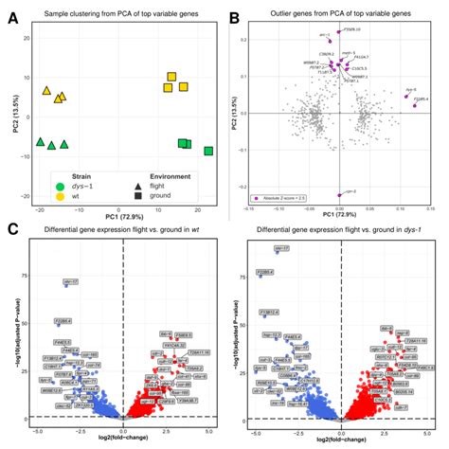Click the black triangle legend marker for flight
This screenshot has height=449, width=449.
click(x=125, y=187)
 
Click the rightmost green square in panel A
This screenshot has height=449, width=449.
click(x=208, y=151)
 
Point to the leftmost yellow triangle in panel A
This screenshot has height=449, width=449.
click(x=46, y=91)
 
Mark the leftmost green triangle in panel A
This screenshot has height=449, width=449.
click(x=40, y=142)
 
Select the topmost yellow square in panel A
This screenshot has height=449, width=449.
click(x=171, y=77)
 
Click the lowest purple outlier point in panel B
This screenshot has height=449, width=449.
click(x=339, y=194)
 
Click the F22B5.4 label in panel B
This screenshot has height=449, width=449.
click(x=421, y=99)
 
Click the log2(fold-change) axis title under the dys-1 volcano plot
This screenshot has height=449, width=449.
click(x=340, y=441)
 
